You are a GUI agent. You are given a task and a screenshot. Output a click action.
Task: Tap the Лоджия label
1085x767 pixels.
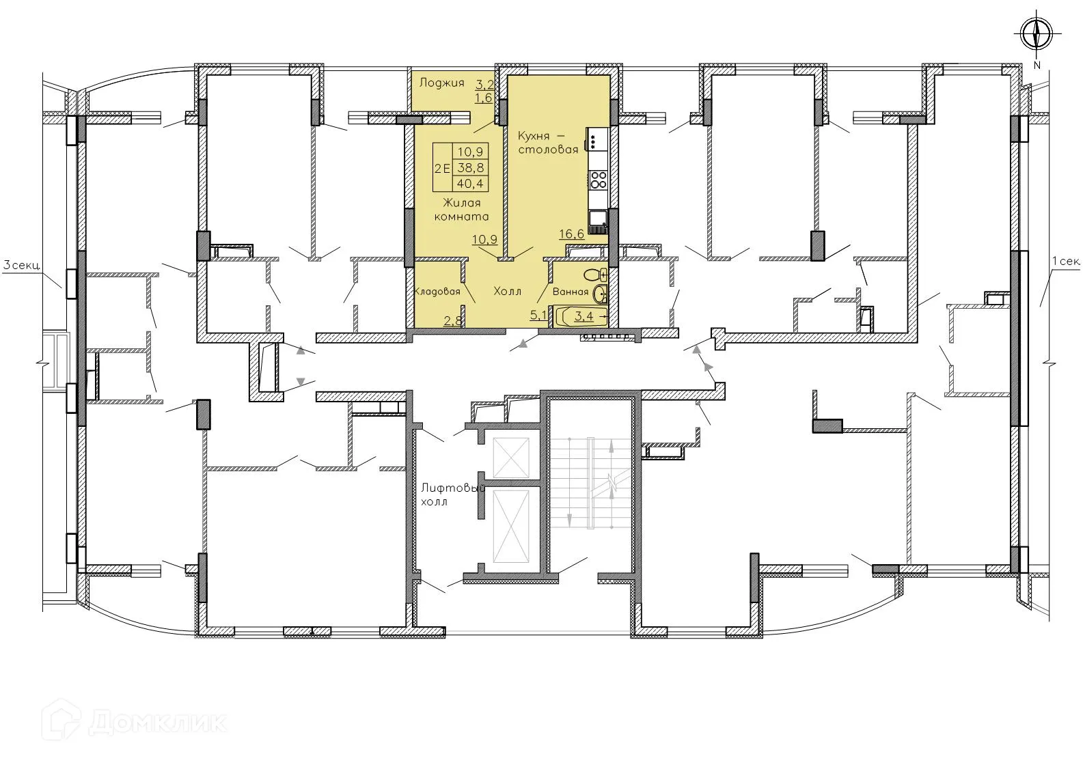click(441, 83)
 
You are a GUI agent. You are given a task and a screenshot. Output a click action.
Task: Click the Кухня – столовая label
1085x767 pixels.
click(548, 142)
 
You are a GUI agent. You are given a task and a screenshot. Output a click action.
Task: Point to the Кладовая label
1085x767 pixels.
click(437, 292)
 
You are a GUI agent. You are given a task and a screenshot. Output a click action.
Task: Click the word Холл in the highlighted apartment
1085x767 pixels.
click(507, 292)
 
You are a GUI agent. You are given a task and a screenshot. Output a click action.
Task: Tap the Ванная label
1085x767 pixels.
click(570, 292)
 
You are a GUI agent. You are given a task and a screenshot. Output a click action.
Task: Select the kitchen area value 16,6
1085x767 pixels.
click(571, 234)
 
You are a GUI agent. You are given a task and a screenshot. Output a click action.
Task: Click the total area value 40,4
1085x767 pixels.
click(470, 183)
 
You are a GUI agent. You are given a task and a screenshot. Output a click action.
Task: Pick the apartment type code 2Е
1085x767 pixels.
click(442, 167)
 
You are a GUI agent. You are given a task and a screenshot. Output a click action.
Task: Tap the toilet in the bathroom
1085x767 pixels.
click(596, 275)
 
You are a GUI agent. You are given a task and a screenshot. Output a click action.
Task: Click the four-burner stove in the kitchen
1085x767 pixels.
click(599, 180)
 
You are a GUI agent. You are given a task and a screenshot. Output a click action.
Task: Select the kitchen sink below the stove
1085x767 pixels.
click(599, 219)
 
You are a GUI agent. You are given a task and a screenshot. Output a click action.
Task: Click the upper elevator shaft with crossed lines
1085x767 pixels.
click(510, 456)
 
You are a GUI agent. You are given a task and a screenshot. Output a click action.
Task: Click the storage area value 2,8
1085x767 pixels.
click(452, 320)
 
